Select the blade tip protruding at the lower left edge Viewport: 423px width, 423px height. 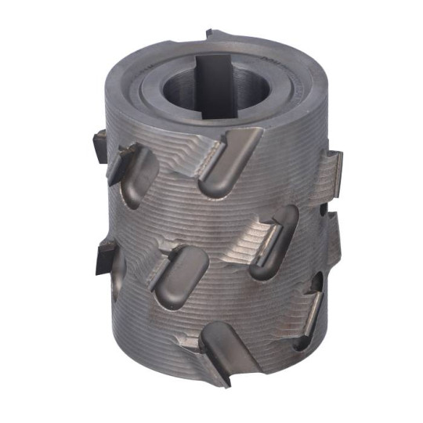[x=103, y=257]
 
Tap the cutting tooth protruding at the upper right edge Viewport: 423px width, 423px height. [x=332, y=168]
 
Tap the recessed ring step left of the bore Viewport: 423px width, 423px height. [x=150, y=86]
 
